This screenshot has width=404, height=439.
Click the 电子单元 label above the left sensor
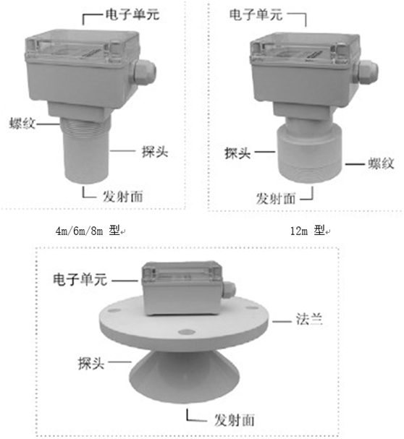click(132, 14)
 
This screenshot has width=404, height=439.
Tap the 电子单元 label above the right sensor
click(256, 14)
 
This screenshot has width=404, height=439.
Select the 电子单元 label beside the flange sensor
click(80, 279)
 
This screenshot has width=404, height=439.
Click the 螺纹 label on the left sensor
click(22, 123)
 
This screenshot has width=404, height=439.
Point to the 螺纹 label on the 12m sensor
click(381, 163)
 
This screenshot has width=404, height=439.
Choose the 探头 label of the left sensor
click(155, 151)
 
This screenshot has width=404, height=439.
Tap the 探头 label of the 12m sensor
click(237, 153)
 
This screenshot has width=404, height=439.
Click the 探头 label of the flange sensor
click(91, 363)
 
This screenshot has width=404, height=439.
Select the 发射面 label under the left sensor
click(123, 196)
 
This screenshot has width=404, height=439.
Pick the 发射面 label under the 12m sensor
click(276, 198)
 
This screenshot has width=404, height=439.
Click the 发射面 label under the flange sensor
click(235, 420)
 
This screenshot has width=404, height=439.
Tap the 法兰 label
click(309, 319)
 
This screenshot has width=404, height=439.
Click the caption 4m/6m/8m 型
click(88, 231)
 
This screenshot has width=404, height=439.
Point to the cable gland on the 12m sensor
click(366, 72)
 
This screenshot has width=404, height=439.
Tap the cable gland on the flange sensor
click(229, 291)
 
